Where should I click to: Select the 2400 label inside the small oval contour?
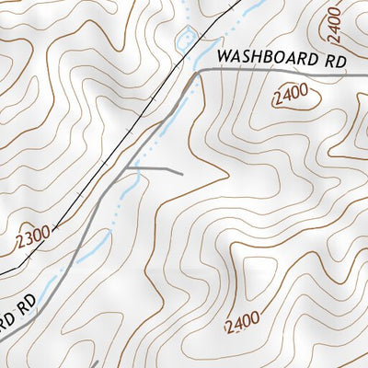291,96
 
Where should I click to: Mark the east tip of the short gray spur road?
182,172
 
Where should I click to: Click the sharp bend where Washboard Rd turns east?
196,74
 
